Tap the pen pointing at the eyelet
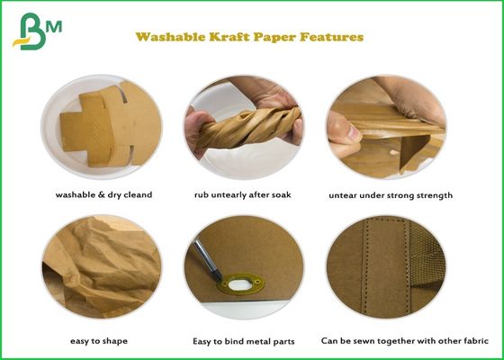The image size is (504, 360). pyautogui.click(x=213, y=257)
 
